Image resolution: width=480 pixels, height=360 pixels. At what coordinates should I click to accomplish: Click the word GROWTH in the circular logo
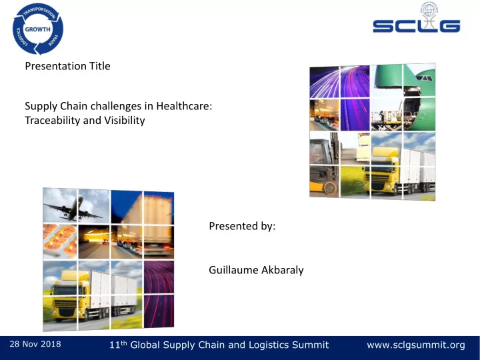point(37,29)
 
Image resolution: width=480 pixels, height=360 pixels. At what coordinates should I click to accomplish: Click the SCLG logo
point(417,18)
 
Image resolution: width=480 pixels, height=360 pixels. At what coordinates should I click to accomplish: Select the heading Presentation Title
point(67,66)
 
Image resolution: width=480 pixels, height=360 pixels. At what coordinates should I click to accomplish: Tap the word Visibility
point(125,120)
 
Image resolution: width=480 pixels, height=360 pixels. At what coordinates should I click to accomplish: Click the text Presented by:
point(242,226)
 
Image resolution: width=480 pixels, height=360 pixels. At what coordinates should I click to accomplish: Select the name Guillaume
point(231,270)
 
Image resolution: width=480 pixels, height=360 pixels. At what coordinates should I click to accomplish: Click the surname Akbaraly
point(279,270)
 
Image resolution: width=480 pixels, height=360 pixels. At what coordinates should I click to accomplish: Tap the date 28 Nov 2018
point(35,344)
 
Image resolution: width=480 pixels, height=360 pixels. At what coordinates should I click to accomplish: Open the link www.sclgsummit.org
point(416,345)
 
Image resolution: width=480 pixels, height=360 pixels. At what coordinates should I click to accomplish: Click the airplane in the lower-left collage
point(73,209)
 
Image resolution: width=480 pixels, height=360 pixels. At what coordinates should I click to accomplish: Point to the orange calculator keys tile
point(60,241)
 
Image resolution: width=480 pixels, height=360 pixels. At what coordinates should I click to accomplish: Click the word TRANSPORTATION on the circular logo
point(40,12)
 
